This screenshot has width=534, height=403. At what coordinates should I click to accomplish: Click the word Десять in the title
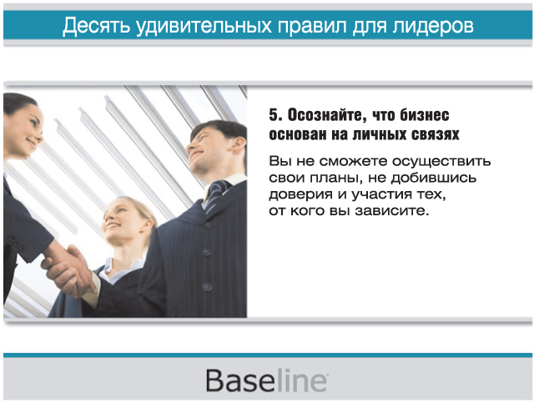point(97,26)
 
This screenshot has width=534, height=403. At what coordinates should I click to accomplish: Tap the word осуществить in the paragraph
point(441,161)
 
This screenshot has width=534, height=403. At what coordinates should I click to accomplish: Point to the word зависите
point(391,211)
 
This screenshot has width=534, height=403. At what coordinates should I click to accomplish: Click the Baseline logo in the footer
point(267,380)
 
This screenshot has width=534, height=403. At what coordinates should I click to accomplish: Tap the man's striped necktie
point(216,195)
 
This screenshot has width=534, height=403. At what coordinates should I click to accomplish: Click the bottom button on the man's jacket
point(207,287)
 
